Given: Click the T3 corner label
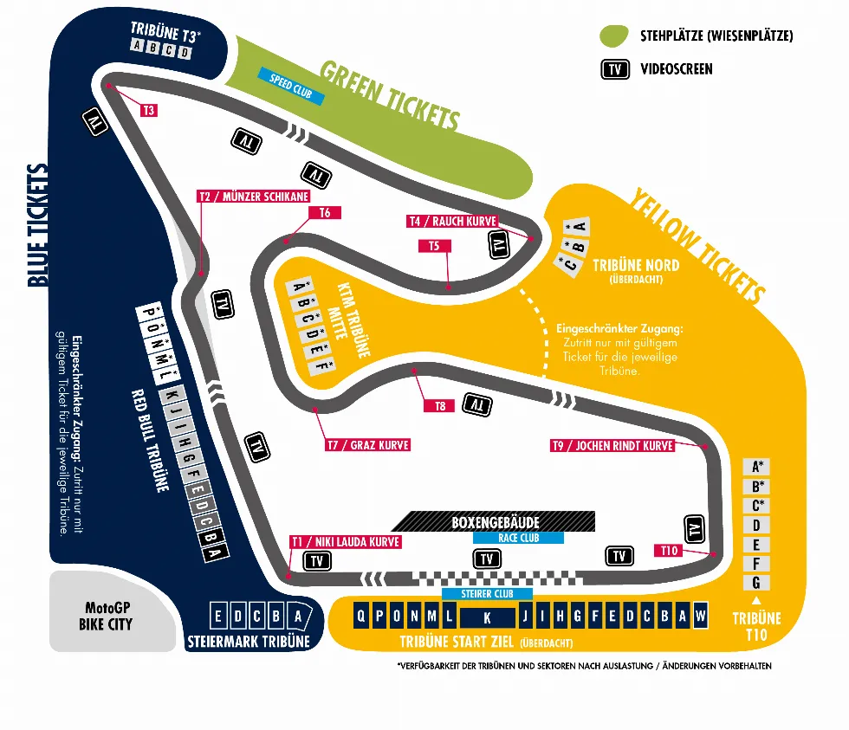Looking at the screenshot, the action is click(148, 110).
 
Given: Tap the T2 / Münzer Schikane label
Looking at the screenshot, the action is click(254, 197).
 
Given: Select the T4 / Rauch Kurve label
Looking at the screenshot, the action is click(452, 221).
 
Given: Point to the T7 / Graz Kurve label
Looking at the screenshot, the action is click(367, 445).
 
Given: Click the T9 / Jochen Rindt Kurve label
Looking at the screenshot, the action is click(612, 445).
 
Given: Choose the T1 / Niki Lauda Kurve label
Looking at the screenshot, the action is click(346, 542).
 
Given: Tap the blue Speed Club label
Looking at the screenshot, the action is click(291, 86).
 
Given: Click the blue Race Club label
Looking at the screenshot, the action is click(518, 538).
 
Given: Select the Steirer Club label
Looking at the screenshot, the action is click(487, 594).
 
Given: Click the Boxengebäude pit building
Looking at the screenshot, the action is click(494, 521).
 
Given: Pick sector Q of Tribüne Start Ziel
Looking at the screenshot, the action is click(360, 616).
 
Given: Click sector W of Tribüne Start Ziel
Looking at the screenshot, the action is click(700, 616).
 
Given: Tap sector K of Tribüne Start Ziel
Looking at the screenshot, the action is click(487, 617).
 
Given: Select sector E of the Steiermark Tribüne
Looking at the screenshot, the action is click(217, 616).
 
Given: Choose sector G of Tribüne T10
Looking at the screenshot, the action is click(756, 583).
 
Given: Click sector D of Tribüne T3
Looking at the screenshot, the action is click(185, 53).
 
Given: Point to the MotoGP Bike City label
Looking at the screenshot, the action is click(106, 616).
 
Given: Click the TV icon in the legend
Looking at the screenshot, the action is click(615, 69).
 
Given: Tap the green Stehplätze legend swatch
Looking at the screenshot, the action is click(614, 36).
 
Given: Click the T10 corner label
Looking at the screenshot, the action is click(669, 551).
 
